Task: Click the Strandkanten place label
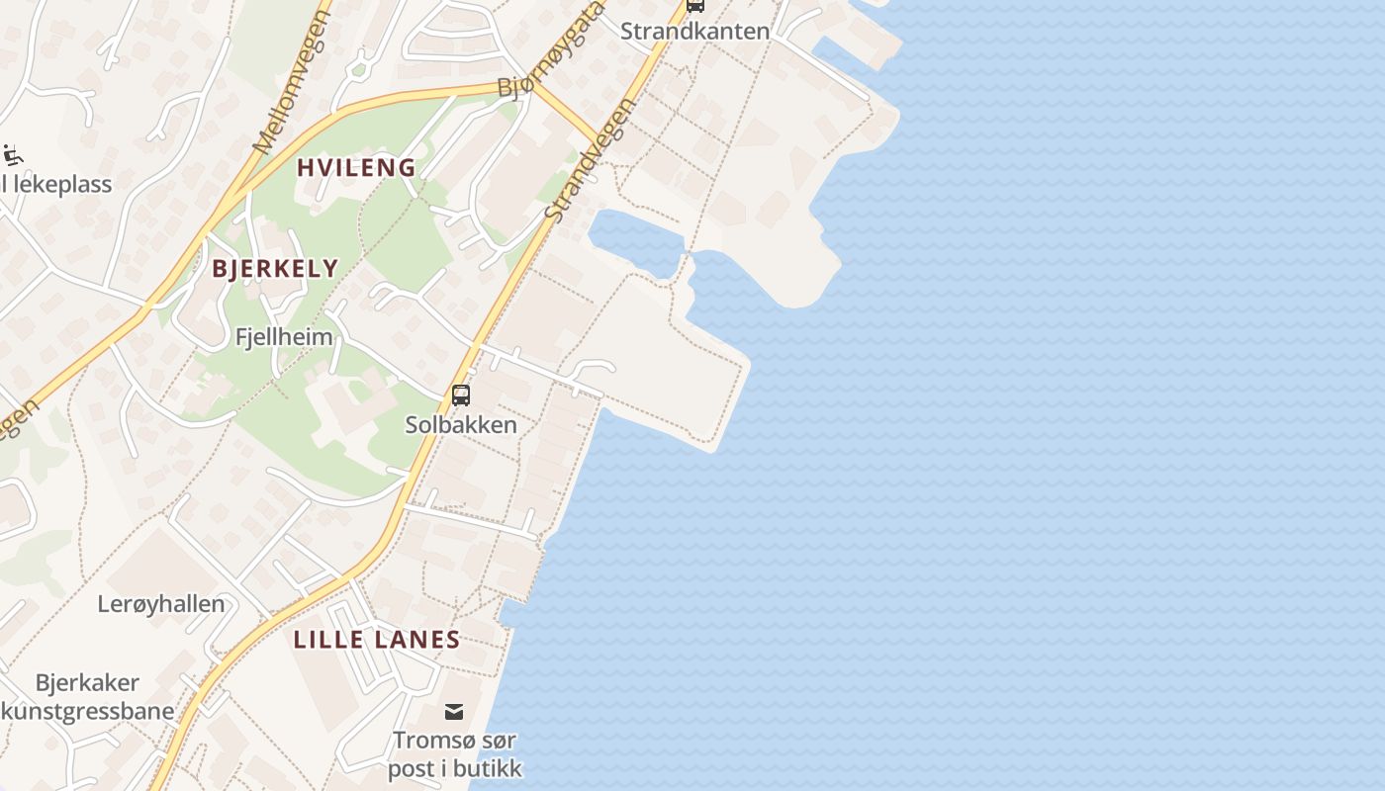click(694, 31)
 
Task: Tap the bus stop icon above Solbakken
click(461, 395)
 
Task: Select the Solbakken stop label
click(461, 424)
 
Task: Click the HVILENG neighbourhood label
click(357, 167)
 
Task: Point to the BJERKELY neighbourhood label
click(275, 268)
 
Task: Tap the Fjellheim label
click(284, 336)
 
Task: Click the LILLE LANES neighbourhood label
click(377, 639)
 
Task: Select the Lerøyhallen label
click(161, 603)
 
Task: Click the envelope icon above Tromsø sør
click(454, 711)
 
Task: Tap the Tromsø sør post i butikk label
click(454, 753)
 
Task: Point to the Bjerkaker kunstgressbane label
click(88, 696)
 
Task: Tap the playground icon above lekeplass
click(12, 155)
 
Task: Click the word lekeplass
click(63, 184)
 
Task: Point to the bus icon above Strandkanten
click(695, 5)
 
